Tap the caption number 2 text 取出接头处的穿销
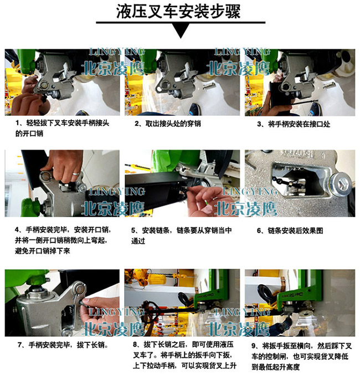(x=167, y=124)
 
